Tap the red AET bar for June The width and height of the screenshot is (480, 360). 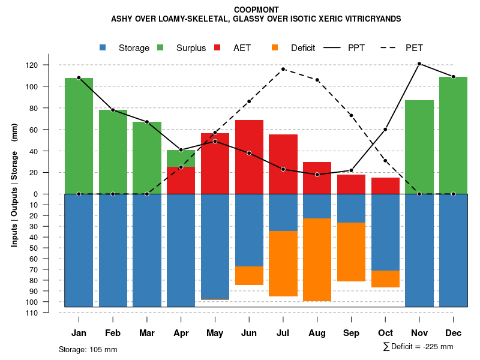(x=249, y=157)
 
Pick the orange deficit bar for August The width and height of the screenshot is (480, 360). (x=317, y=260)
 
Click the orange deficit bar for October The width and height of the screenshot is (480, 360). (x=385, y=279)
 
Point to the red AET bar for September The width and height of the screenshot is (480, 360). (x=351, y=184)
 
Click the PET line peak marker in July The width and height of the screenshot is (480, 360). (x=283, y=69)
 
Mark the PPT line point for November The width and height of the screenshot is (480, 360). (x=419, y=64)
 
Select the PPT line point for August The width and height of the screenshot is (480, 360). (x=317, y=175)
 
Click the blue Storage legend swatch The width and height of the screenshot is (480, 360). (x=103, y=47)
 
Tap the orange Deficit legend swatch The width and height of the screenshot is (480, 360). (x=275, y=47)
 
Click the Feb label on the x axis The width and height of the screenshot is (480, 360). (x=113, y=333)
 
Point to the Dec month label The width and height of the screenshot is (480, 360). (x=454, y=333)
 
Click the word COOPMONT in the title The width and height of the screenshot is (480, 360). (x=256, y=10)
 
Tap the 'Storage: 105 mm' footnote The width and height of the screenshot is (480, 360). (x=88, y=349)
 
